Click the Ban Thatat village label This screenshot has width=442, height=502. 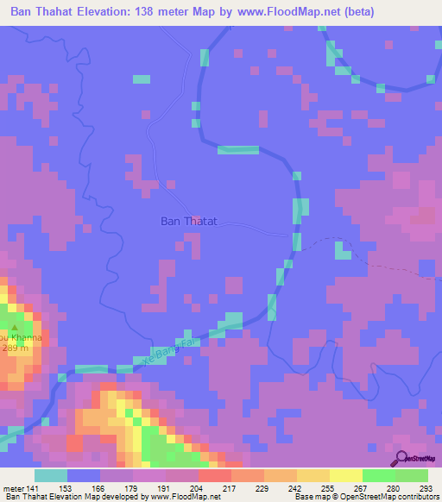pos(188,221)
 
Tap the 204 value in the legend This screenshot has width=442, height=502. pos(194,488)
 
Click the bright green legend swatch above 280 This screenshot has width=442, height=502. pos(378,475)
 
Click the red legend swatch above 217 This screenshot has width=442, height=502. pos(214,475)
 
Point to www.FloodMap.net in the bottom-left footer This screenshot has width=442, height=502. pos(185,497)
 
